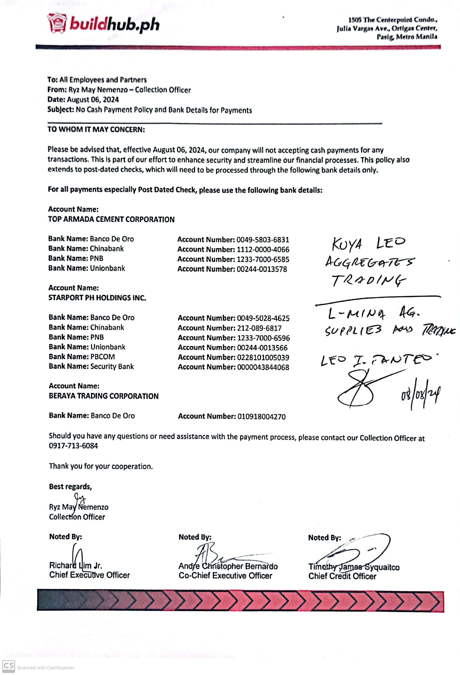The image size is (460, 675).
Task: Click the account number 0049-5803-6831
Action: pos(262,240)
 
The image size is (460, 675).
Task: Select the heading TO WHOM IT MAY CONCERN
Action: pos(96,130)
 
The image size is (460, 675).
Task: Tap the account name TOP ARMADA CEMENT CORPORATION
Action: pos(111,219)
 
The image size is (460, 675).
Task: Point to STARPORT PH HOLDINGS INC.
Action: pos(97,298)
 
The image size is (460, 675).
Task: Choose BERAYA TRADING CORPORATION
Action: pos(104,396)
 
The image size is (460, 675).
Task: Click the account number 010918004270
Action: pos(261,417)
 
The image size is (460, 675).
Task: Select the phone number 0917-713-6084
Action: pos(73,446)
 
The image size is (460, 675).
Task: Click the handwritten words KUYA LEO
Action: pos(368,243)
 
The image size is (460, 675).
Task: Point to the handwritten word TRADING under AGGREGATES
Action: pos(368,281)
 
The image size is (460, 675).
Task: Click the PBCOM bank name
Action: pos(103,357)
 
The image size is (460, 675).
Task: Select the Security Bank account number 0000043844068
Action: pos(263,367)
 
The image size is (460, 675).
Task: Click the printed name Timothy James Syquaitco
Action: pos(354,567)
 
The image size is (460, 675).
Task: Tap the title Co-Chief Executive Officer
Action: pos(225,576)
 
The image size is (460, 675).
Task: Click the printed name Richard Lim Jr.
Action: pos(75,565)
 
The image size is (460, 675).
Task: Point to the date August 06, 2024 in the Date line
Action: pos(93,100)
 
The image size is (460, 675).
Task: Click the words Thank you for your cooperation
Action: pos(101,466)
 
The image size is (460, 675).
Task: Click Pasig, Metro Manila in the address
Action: pos(407,37)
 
